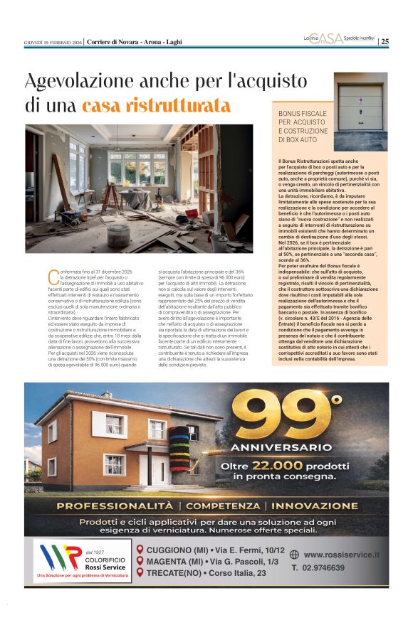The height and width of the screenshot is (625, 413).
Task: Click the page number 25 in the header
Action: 385,41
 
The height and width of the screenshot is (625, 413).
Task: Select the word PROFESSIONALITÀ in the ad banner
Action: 114,506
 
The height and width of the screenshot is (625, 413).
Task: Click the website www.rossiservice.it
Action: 341,555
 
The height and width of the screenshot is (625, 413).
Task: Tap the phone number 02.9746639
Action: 323,568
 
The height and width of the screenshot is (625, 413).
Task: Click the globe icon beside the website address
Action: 295,555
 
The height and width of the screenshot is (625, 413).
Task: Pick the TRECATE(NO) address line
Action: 206,573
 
